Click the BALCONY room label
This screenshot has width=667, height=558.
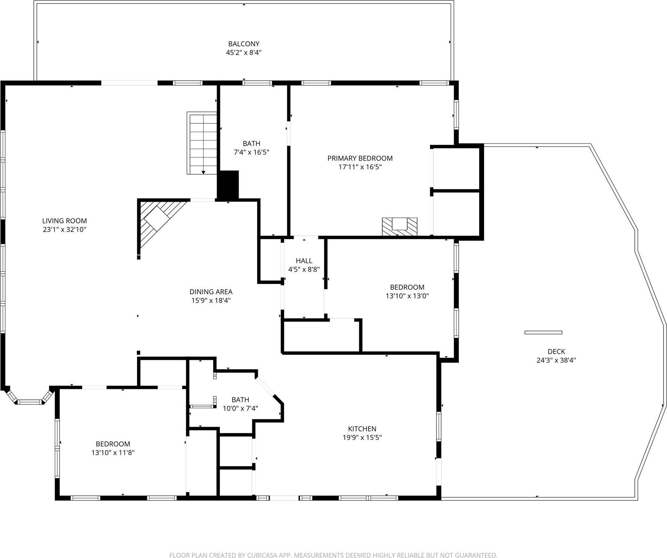(x=244, y=44)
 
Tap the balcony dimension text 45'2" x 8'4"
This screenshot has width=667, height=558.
(x=244, y=53)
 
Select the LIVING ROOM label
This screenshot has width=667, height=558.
(x=65, y=221)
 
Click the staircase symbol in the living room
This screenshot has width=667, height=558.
(x=202, y=143)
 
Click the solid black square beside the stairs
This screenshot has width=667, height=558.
(x=228, y=185)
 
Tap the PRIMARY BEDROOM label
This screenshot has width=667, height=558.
(x=360, y=158)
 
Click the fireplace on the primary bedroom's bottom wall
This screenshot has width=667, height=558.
(x=399, y=226)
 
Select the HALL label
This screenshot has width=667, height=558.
(x=304, y=261)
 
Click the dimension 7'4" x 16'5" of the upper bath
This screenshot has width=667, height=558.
(x=251, y=152)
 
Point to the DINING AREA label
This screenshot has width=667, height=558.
(x=211, y=292)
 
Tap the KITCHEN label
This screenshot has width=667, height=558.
(x=362, y=429)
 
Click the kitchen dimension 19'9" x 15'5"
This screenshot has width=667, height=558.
(x=362, y=437)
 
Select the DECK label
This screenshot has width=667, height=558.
(x=556, y=351)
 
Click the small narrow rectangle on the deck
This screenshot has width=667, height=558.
(x=543, y=332)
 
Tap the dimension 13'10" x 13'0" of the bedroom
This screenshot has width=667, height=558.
(x=407, y=296)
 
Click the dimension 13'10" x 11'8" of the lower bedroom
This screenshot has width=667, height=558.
(x=113, y=453)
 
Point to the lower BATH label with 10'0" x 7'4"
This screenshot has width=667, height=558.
(x=240, y=400)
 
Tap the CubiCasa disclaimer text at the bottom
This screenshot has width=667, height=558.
(x=333, y=555)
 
